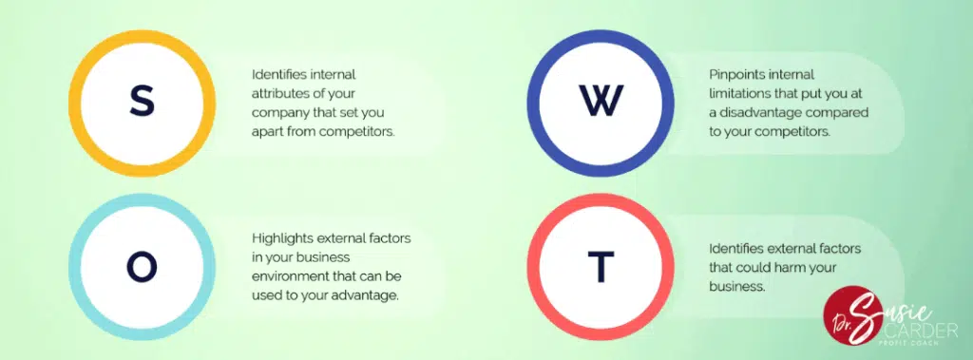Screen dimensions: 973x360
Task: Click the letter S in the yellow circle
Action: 142,103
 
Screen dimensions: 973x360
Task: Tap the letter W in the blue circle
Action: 601,102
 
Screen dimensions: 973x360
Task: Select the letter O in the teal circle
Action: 142,267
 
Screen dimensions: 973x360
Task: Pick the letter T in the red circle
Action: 601,267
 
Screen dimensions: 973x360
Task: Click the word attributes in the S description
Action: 280,94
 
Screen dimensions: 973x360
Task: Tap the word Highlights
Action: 283,239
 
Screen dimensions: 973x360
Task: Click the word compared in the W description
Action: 837,113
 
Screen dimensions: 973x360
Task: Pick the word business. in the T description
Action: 737,288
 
